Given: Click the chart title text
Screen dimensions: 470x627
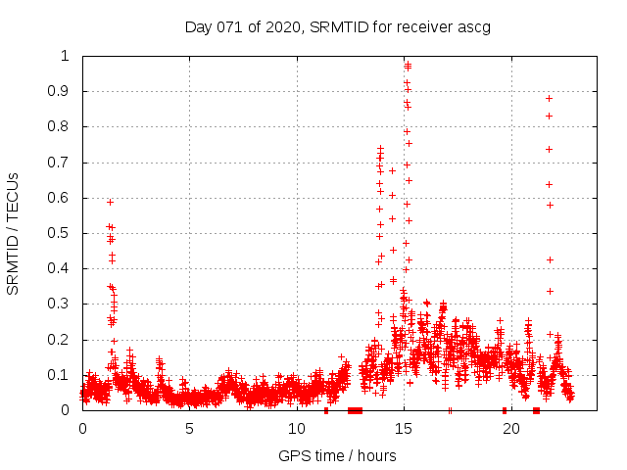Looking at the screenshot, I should point(337,26).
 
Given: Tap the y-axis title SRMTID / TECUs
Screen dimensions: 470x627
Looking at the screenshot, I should point(13,233).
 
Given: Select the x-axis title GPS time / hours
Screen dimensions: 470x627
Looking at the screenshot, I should point(337,455).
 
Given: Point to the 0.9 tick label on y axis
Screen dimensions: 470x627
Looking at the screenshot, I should point(62,91).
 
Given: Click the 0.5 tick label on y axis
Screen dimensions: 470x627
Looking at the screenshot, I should point(62,233).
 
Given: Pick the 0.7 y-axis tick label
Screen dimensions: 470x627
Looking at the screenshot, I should point(62,163).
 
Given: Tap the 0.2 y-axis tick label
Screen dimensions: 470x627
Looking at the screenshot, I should point(62,340).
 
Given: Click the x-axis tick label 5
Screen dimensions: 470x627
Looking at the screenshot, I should point(189,429).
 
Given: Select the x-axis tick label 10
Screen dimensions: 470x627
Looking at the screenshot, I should point(297,429).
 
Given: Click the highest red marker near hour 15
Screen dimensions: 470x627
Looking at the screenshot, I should point(408,65).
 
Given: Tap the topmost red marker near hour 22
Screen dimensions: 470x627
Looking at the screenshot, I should point(550,98).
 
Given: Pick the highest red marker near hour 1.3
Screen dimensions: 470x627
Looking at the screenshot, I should point(111,202).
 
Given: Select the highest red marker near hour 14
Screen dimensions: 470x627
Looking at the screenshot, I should point(380,149).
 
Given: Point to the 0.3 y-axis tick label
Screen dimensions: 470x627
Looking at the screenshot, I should point(62,305).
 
